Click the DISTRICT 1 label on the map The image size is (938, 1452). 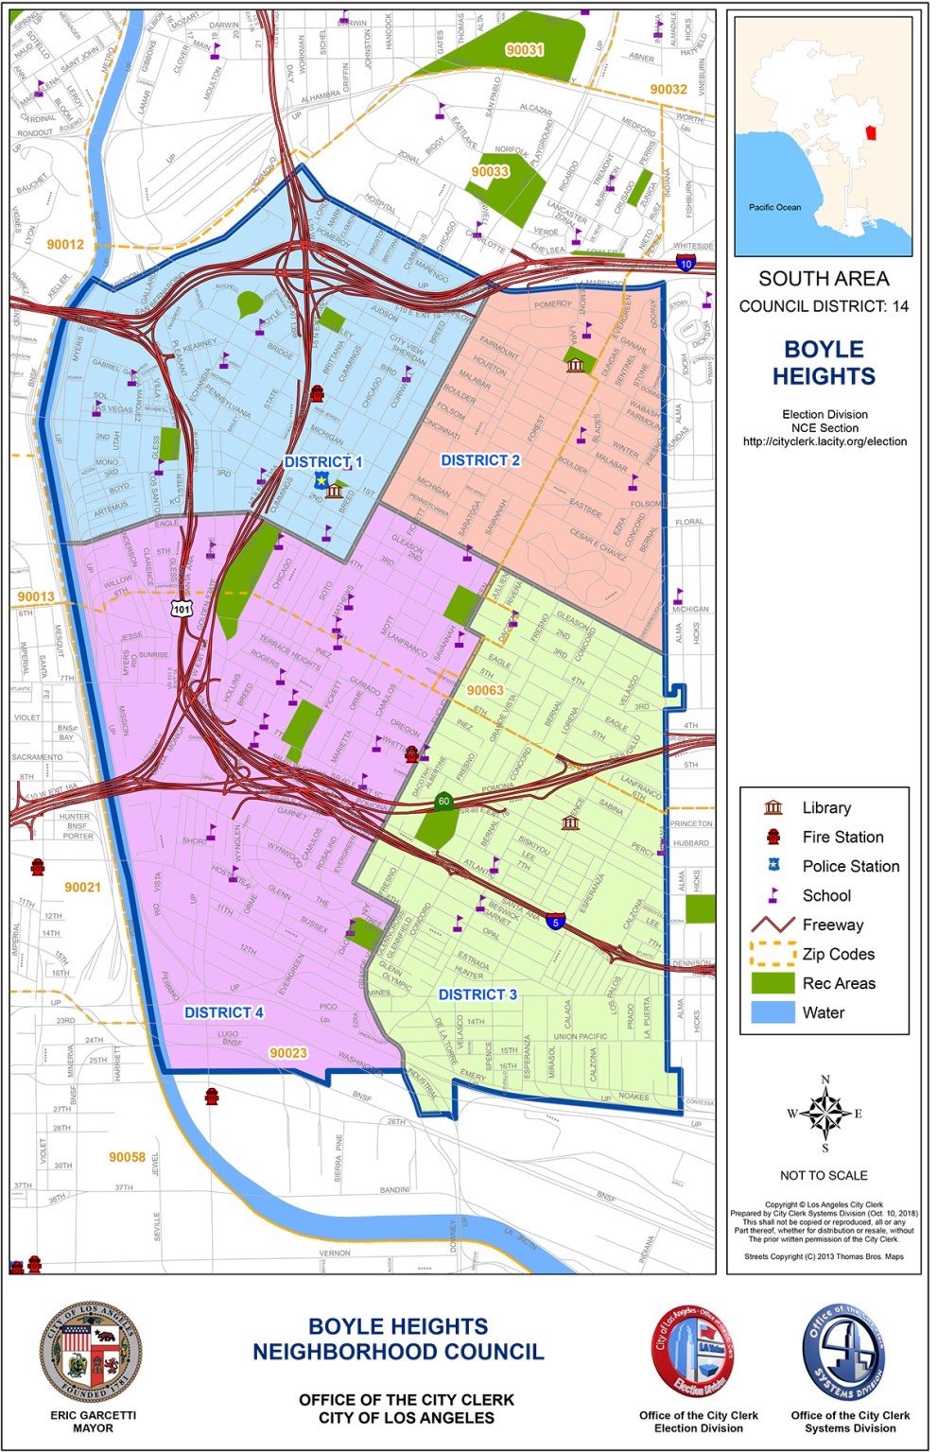323,462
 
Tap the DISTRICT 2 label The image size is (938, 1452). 480,460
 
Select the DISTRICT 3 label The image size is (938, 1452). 478,994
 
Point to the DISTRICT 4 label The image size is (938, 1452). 223,1012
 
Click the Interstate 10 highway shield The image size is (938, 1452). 686,264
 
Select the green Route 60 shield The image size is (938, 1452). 443,802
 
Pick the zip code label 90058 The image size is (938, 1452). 127,1157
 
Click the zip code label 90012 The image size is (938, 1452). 65,245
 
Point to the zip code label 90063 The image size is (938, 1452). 485,690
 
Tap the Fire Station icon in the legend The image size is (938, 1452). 773,837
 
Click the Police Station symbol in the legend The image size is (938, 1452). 773,866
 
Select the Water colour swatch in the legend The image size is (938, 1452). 773,1012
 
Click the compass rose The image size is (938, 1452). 825,1113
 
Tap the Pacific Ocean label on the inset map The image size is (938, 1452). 774,207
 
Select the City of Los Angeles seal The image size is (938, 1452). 91,1351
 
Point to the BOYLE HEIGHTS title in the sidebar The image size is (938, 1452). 824,363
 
